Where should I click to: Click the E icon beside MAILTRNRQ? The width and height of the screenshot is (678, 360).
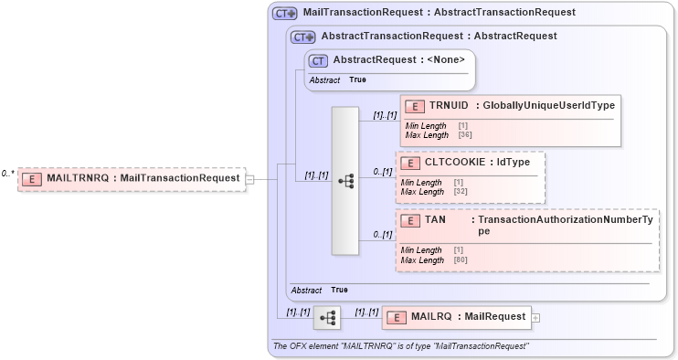tap(32, 178)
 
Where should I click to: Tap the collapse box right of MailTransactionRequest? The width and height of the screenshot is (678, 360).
tap(250, 179)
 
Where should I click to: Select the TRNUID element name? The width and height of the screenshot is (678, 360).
tap(448, 105)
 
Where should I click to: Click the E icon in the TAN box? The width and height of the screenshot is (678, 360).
tap(410, 220)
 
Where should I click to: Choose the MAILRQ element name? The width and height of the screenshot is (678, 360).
tap(431, 316)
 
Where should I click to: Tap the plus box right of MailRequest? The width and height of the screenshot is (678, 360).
tap(535, 317)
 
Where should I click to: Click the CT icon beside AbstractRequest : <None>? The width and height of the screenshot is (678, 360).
tap(318, 60)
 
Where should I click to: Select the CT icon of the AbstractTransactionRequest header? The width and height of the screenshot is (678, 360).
tap(303, 37)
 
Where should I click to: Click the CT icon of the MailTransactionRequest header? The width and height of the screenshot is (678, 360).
tap(285, 13)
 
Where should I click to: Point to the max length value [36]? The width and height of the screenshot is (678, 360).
tap(464, 134)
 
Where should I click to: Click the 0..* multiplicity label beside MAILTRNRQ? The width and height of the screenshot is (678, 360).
tap(7, 174)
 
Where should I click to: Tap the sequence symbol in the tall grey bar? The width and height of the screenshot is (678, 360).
tap(345, 181)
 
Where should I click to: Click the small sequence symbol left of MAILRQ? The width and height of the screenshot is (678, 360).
tap(326, 318)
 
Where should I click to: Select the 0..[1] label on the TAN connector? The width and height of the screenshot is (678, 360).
tap(382, 236)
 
